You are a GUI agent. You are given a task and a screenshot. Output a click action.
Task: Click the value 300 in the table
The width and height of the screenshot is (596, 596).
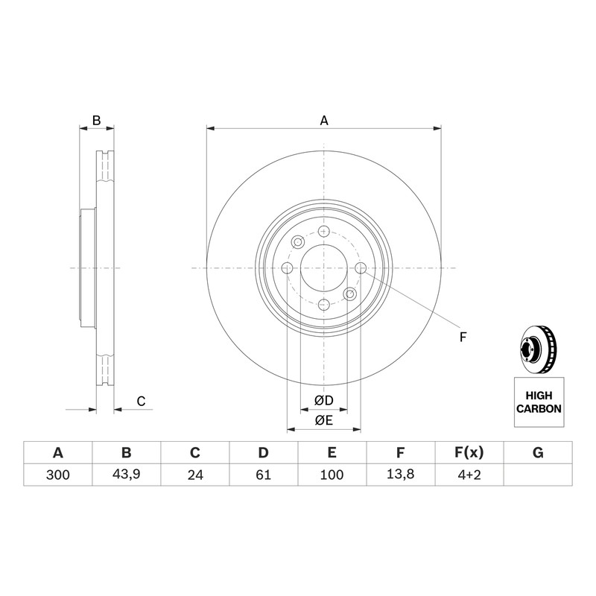58,475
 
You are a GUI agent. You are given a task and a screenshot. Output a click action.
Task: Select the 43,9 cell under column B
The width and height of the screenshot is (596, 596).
126,475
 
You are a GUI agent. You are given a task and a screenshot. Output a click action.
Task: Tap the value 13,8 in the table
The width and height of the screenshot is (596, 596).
400,474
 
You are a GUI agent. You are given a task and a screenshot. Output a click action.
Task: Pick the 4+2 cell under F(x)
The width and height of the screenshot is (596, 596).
469,475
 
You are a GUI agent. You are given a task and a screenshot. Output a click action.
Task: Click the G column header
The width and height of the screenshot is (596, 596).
538,452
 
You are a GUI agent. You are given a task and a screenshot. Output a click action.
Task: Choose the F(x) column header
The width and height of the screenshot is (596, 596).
469,452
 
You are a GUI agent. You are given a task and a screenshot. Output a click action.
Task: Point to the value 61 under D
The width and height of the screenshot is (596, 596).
264,475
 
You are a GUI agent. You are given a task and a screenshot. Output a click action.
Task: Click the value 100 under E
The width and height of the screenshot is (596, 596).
332,475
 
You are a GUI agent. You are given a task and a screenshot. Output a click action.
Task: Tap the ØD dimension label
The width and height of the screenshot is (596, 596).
324,400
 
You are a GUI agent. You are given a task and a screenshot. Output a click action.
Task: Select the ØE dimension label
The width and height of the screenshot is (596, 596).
324,420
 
